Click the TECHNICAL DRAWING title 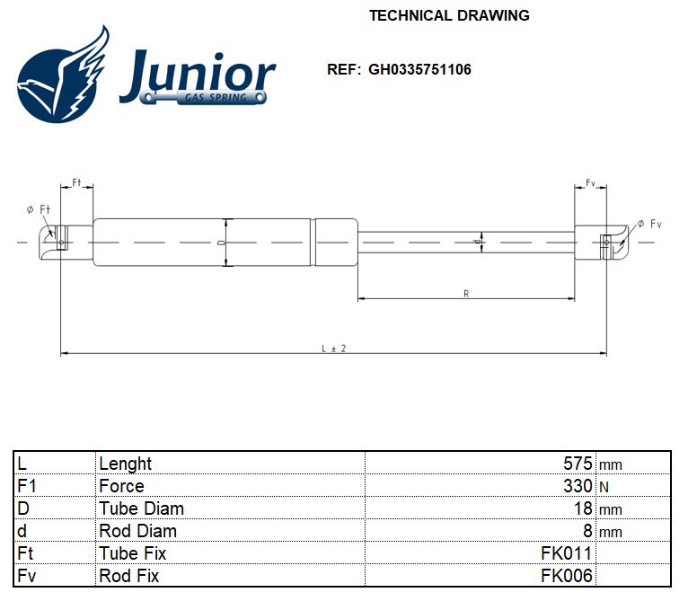(x=449, y=15)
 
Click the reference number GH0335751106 (x=419, y=69)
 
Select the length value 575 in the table (x=578, y=464)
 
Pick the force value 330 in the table (x=578, y=486)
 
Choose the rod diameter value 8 (x=588, y=531)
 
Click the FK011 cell (x=567, y=553)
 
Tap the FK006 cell (x=567, y=576)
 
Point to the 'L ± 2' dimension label (x=333, y=348)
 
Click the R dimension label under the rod (x=465, y=293)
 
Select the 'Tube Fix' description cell (x=132, y=553)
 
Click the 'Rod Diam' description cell (x=137, y=531)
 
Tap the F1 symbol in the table (x=26, y=486)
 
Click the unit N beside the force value (x=604, y=487)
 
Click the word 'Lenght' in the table (x=126, y=464)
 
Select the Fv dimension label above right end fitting (x=590, y=183)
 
